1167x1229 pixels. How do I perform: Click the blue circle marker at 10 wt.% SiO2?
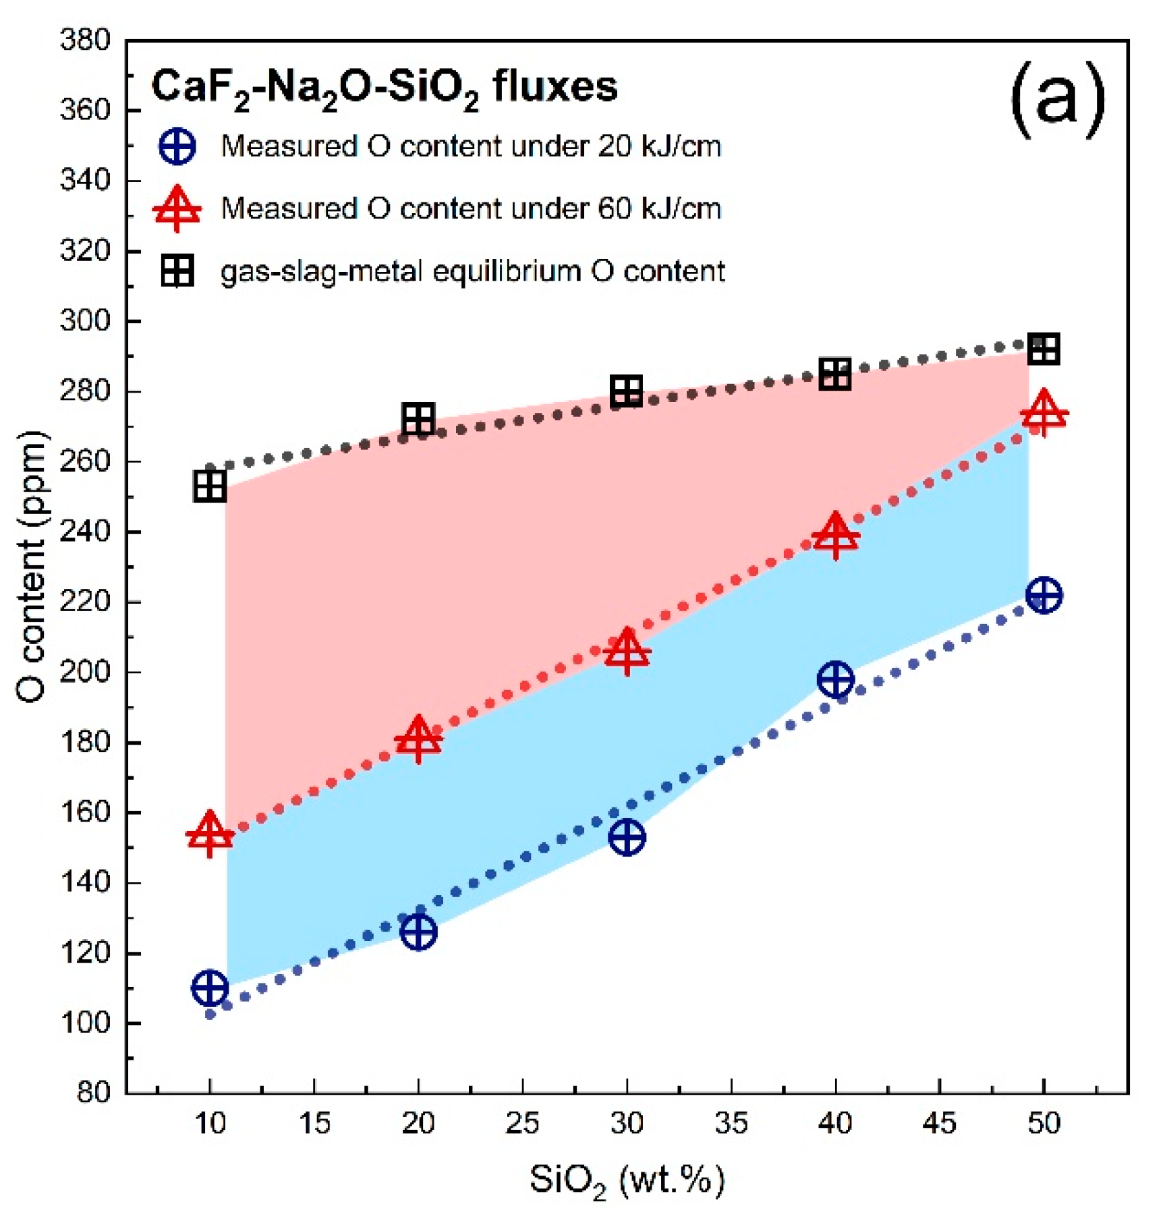click(210, 988)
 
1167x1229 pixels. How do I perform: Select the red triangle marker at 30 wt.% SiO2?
click(627, 652)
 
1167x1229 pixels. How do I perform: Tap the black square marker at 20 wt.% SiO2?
click(418, 420)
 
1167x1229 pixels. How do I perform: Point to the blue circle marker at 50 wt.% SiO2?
click(1044, 595)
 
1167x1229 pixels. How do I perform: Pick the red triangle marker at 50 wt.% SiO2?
click(1044, 413)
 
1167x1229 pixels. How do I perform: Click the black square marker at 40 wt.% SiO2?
click(835, 374)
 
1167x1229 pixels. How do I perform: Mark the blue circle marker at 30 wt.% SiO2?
click(627, 837)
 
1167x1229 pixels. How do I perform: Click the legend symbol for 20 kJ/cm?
click(177, 146)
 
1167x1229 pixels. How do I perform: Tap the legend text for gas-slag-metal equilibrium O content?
click(472, 271)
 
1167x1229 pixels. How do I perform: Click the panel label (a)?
click(1057, 99)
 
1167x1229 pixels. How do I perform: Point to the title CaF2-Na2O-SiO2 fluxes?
click(384, 88)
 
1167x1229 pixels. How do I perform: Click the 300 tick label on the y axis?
click(85, 320)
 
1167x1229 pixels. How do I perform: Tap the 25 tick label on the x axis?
click(523, 1123)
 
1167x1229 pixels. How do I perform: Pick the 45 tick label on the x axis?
click(940, 1123)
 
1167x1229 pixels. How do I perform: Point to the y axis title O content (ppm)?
click(32, 567)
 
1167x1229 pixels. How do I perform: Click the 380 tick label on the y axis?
click(85, 40)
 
